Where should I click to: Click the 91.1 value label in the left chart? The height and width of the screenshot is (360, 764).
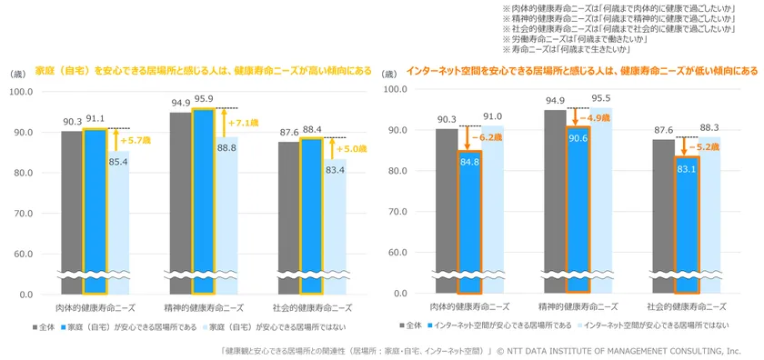(95, 117)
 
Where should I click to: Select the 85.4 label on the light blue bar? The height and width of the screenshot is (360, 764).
(119, 163)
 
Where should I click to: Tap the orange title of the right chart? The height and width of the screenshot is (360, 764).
(582, 71)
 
